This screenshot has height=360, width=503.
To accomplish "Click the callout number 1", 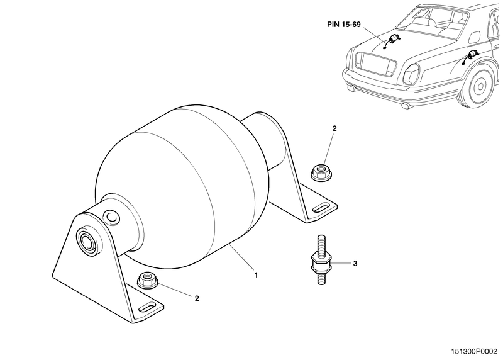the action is (256, 275).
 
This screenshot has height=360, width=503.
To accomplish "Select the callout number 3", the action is (355, 264).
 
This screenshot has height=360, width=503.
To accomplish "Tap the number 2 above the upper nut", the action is (334, 128).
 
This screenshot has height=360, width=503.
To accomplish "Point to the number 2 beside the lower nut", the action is (197, 298).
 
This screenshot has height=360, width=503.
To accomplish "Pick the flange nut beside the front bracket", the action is (148, 279).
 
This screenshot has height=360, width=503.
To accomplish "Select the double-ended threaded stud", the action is (321, 260).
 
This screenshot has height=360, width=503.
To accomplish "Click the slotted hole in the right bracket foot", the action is (321, 208).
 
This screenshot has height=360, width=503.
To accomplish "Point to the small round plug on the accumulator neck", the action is (112, 217).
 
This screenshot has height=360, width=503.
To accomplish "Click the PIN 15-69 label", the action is (344, 25).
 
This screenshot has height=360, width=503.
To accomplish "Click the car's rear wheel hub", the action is (480, 86).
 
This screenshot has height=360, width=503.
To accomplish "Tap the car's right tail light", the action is (411, 74).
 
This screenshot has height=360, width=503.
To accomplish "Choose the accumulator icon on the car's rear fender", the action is (470, 57).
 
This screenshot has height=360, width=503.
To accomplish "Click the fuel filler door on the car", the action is (475, 37).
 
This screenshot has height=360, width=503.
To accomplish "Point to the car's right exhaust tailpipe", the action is (406, 105).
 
